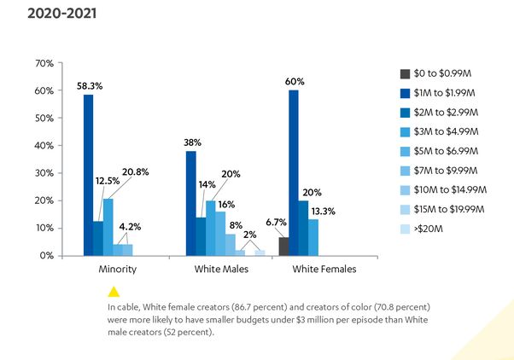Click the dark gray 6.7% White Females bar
coord(283,246)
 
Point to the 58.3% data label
coord(88,86)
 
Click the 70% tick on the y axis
coord(44,64)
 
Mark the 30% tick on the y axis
coord(44,173)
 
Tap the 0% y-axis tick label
coord(47,255)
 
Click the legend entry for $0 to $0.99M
coord(444,73)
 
